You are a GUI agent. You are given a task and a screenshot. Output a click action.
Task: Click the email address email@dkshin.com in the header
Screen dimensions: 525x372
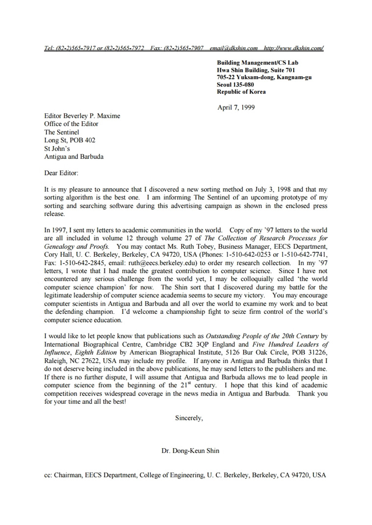(x=233, y=48)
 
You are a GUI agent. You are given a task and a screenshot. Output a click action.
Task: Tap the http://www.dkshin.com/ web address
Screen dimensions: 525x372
(x=294, y=48)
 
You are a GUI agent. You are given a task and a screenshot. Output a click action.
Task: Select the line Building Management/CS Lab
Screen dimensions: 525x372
(x=257, y=63)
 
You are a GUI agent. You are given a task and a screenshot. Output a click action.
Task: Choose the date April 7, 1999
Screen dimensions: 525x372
(x=236, y=108)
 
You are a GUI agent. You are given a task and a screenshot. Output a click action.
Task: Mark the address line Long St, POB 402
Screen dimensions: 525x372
(x=70, y=140)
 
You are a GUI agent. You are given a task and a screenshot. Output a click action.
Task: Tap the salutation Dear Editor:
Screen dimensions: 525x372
(x=61, y=173)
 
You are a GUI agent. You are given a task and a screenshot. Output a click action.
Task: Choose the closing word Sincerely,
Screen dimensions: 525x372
(x=189, y=418)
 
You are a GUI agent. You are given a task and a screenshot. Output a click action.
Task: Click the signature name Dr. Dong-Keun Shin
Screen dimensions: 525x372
(x=190, y=451)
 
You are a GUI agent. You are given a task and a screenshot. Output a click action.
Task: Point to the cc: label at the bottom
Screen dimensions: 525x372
(x=48, y=475)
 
